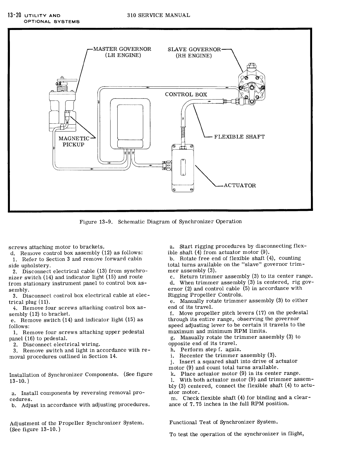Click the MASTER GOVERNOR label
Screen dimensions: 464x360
[x=122, y=49]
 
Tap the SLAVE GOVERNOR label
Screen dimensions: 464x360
[x=194, y=49]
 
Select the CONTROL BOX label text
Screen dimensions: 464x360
[x=186, y=94]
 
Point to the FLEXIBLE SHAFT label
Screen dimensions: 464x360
[x=239, y=137]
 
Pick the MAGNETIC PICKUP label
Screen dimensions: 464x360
[x=74, y=141]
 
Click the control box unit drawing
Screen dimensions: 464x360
[x=130, y=123]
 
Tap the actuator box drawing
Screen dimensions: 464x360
[x=183, y=169]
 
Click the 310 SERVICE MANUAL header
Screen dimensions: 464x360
[x=158, y=15]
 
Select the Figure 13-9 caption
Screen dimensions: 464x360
[x=160, y=222]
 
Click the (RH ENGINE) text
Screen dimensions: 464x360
[x=194, y=56]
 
